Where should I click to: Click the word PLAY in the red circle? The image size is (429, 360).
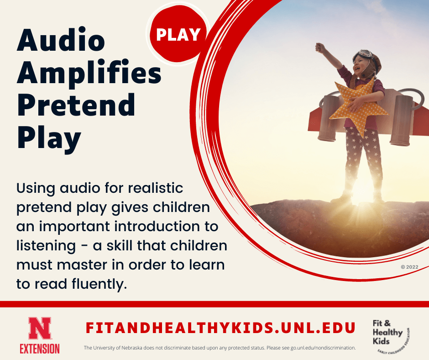178,35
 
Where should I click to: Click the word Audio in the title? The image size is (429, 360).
61,42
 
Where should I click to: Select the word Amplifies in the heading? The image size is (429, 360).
89,73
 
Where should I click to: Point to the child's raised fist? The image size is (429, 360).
320,47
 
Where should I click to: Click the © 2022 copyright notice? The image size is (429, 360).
409,267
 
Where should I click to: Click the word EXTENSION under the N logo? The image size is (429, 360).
40,349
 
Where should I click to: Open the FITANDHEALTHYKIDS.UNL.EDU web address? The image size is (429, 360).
221,328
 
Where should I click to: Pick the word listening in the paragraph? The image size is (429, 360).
46,246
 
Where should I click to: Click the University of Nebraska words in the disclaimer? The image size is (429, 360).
119,348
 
